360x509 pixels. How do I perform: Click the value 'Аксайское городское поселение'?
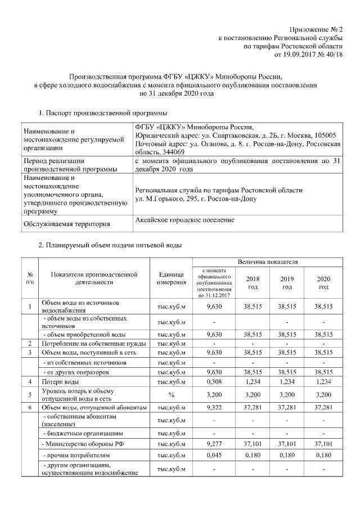185,220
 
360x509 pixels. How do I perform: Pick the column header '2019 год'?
287,282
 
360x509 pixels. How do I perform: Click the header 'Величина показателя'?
267,262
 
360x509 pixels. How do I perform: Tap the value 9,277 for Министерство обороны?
212,444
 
